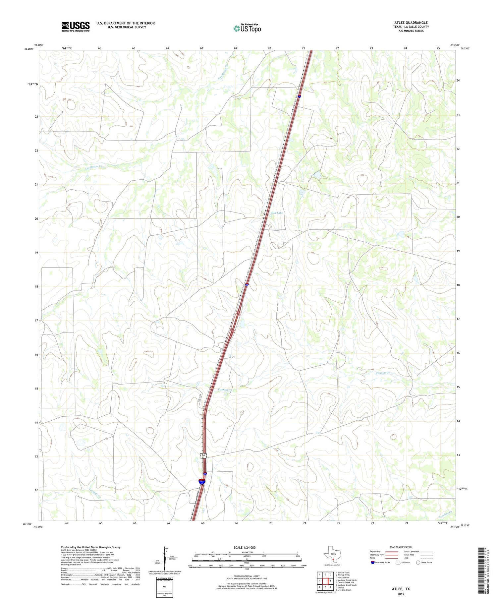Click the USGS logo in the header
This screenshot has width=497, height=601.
pos(76,27)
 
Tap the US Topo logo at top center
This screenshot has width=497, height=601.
pos(247,29)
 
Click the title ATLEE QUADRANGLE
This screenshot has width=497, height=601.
pos(410,23)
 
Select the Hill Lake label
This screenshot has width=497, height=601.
pos(277,213)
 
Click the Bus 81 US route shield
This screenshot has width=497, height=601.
pos(204,456)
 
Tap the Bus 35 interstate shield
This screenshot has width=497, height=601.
pos(202,481)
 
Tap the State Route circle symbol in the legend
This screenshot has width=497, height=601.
pos(418,562)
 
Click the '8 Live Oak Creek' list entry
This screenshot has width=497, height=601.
pos(344,590)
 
